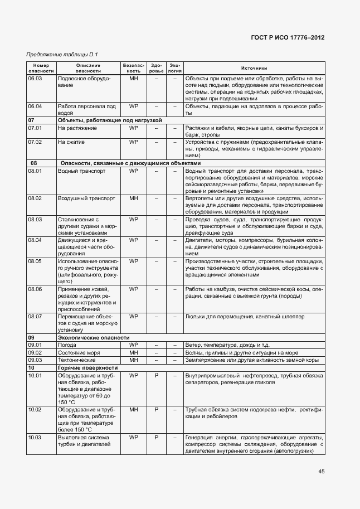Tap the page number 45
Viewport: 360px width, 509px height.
[321, 472]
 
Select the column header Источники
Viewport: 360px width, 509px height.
[254, 68]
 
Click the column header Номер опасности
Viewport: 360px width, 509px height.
[41, 68]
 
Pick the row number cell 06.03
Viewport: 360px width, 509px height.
[35, 79]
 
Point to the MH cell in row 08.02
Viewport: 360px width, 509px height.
[133, 198]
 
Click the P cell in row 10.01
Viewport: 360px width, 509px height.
[157, 376]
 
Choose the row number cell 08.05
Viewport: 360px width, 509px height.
[35, 261]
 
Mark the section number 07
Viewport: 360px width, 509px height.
[32, 120]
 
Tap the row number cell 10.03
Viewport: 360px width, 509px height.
[35, 437]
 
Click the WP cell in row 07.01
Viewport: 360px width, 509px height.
[133, 128]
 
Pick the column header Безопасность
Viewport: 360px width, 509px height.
[133, 68]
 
